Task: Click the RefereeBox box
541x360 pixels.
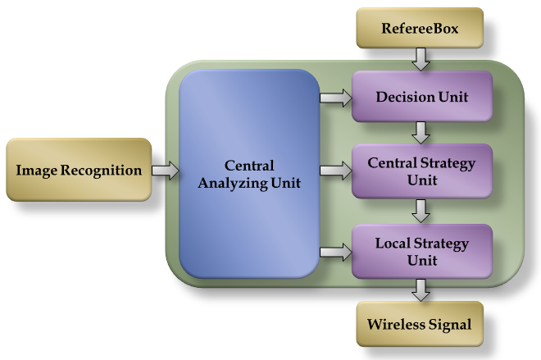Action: click(x=420, y=30)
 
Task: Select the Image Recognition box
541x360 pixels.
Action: click(x=79, y=171)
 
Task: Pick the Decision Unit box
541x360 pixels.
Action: click(x=421, y=97)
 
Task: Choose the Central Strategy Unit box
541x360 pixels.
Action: click(x=421, y=171)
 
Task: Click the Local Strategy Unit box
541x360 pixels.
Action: click(x=421, y=252)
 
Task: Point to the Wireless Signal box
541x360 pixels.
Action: click(x=420, y=324)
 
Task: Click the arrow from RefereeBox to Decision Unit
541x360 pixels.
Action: click(x=421, y=58)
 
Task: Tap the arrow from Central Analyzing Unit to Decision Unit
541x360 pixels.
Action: click(x=335, y=98)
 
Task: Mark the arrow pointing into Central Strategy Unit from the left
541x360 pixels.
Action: click(x=335, y=171)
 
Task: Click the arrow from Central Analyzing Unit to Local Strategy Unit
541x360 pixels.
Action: click(x=335, y=252)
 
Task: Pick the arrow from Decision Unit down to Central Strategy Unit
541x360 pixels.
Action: click(x=421, y=131)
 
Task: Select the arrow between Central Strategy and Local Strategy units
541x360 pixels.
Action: click(x=421, y=212)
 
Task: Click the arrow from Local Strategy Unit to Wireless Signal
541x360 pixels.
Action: click(x=421, y=289)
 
